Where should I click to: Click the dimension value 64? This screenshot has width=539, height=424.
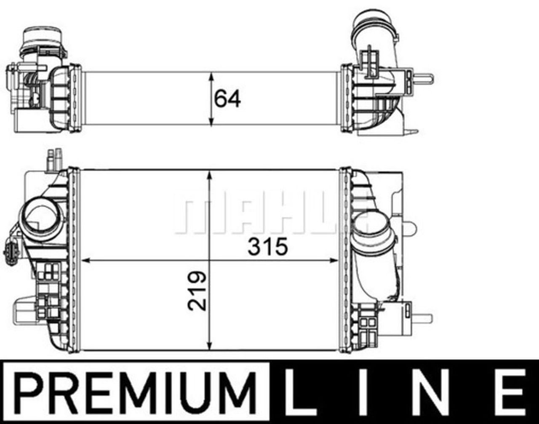click(227, 99)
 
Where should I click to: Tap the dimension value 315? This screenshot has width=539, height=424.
click(267, 247)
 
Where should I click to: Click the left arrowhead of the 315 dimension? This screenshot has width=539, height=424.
click(86, 261)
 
